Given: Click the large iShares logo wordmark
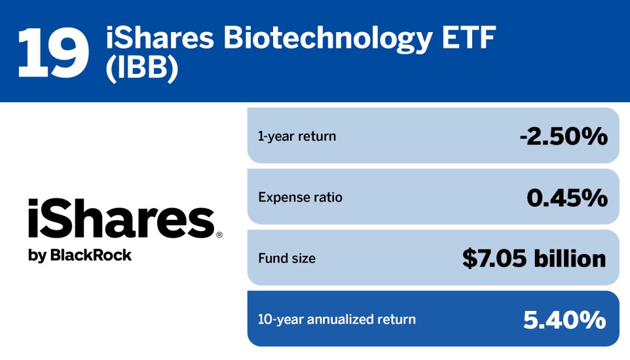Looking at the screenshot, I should pos(120,220).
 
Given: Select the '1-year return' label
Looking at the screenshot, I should pos(297,137).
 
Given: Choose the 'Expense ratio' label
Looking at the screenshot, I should pos(300,198).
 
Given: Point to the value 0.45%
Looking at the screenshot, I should pos(566,198).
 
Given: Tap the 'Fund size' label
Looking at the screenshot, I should pos(286,259).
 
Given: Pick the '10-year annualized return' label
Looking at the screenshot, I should pos(337,319).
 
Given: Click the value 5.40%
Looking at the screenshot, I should pos(565,319).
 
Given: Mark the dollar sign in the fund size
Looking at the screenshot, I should pos(470,259).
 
